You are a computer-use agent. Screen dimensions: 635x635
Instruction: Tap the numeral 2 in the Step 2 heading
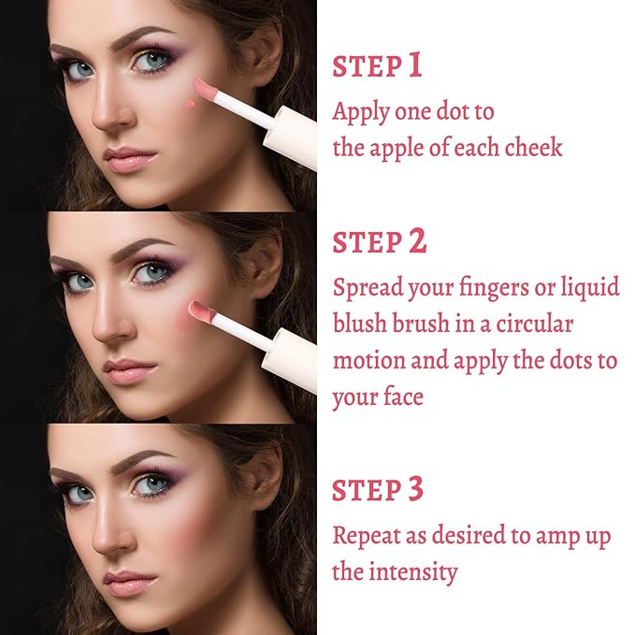(x=417, y=241)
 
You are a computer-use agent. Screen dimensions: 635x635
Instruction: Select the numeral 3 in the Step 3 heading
(x=415, y=489)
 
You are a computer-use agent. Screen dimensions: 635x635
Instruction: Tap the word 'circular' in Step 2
(x=535, y=324)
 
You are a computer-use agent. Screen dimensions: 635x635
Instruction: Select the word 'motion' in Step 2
(x=368, y=360)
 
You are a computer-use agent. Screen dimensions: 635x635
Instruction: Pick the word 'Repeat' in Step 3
(x=367, y=536)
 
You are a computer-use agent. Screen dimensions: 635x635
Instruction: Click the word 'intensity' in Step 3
(x=413, y=571)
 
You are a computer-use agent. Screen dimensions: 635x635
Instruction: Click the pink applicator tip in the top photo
(x=206, y=90)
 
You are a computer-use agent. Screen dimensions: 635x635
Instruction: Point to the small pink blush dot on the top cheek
(x=190, y=105)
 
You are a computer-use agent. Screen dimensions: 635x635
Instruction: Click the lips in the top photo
(x=130, y=160)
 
